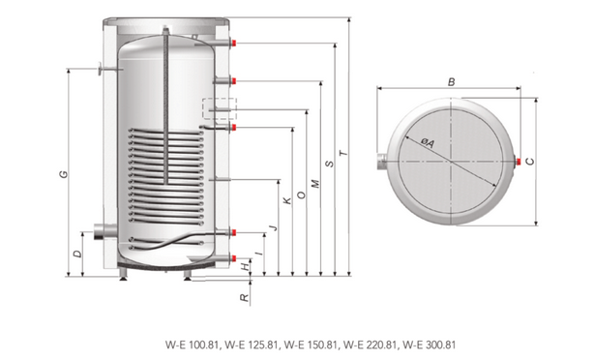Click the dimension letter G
coord(64,174)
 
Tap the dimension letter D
coord(77,254)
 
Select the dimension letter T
coord(343,153)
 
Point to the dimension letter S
coord(330,164)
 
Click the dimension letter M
coord(315,184)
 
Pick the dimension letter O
coord(302,195)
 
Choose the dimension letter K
coord(287,201)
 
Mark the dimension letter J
coord(274,227)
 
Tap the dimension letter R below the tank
coord(246,298)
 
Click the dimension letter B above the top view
coord(451,82)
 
